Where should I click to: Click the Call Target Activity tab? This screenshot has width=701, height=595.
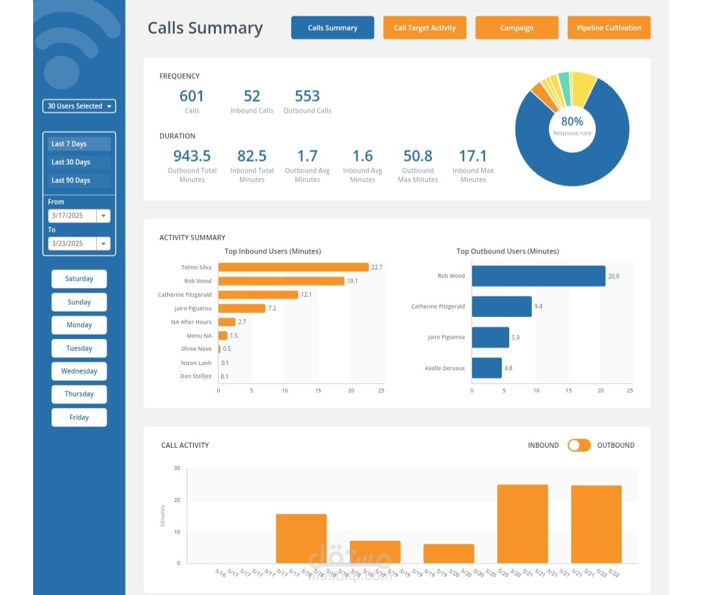click(x=424, y=28)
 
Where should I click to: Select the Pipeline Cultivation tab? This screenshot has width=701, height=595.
click(x=609, y=28)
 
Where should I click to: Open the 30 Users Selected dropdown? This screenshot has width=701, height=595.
click(x=79, y=106)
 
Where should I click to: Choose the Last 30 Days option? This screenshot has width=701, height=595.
click(x=79, y=162)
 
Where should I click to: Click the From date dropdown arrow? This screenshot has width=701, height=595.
click(x=103, y=215)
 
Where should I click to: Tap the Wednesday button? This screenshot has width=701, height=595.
click(x=79, y=371)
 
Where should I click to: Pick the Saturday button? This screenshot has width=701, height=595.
click(x=79, y=279)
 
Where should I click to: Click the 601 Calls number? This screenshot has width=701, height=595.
click(x=191, y=96)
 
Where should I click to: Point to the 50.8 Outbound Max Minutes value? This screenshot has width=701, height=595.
click(x=417, y=156)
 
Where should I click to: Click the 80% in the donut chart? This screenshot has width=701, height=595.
click(x=572, y=121)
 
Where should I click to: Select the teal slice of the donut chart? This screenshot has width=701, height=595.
click(x=565, y=88)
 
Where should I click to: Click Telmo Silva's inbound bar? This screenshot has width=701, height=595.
click(x=293, y=268)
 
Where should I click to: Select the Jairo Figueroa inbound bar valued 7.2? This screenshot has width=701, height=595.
click(x=242, y=309)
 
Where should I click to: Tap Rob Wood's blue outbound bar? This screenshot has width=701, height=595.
click(x=538, y=276)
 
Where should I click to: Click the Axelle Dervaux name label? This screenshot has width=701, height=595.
click(x=445, y=368)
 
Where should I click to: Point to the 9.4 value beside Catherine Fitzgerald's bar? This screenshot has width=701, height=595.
click(x=538, y=307)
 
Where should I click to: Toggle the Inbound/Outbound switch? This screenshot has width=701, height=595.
click(x=579, y=445)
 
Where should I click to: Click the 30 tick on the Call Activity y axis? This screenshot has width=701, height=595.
click(x=177, y=468)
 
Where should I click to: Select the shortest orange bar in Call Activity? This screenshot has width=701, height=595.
click(x=449, y=554)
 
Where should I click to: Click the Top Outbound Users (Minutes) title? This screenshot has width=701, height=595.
click(x=508, y=251)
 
